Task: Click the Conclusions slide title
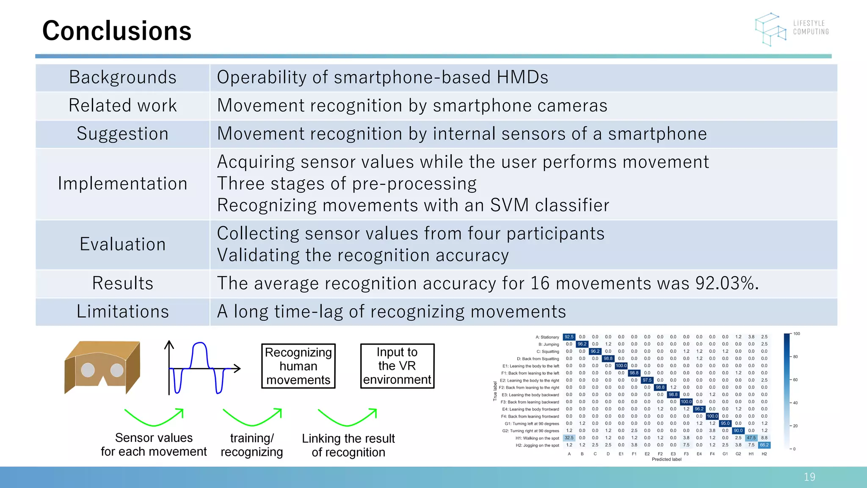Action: [117, 31]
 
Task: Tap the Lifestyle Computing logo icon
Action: [770, 29]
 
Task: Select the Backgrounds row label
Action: [122, 78]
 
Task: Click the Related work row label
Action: [122, 105]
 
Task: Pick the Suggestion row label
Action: [122, 134]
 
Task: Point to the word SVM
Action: [509, 205]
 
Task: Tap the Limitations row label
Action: [122, 312]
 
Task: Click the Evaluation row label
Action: [122, 244]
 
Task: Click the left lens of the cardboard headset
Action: [88, 370]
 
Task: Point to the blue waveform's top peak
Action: [199, 344]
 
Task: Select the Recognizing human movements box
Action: [298, 366]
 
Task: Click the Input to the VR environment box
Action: [397, 366]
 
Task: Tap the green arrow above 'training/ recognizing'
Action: [252, 417]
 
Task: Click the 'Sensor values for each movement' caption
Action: [154, 444]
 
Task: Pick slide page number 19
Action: [809, 477]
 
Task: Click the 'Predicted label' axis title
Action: [666, 460]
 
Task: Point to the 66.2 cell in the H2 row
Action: [764, 445]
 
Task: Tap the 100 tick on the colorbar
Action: [796, 334]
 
